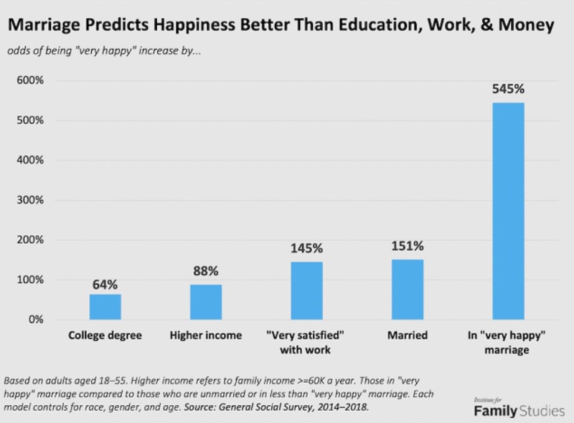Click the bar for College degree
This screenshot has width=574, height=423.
pyautogui.click(x=105, y=307)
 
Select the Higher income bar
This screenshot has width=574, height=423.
pyautogui.click(x=205, y=302)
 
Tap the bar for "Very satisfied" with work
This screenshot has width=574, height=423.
pyautogui.click(x=306, y=290)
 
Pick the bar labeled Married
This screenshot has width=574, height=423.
pyautogui.click(x=407, y=289)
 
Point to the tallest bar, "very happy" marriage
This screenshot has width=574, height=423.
pyautogui.click(x=507, y=211)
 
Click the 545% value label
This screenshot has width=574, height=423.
pyautogui.click(x=508, y=90)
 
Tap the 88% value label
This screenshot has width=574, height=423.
pyautogui.click(x=205, y=272)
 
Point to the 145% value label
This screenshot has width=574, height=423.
pyautogui.click(x=306, y=249)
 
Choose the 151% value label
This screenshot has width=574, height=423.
pyautogui.click(x=407, y=247)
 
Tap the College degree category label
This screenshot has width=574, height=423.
pyautogui.click(x=105, y=335)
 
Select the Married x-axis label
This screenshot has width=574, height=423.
pyautogui.click(x=407, y=335)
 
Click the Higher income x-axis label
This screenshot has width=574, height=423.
pyautogui.click(x=206, y=335)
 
